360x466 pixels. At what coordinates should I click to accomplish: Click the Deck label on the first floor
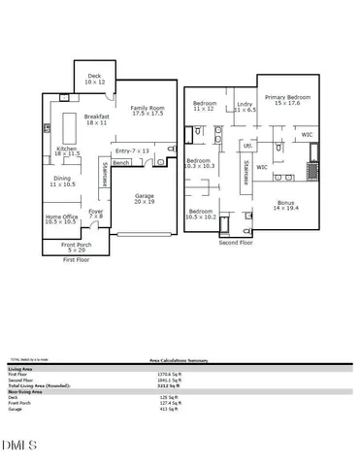[93, 79]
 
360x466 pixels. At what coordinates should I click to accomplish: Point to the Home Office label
[61, 218]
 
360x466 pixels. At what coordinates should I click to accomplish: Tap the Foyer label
[96, 214]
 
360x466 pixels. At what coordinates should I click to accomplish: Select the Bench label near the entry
[121, 163]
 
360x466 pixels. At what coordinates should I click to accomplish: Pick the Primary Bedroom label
[286, 100]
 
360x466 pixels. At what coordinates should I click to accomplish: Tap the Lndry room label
[245, 108]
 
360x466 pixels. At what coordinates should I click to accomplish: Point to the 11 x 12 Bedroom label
[205, 106]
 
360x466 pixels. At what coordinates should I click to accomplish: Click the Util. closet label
[247, 145]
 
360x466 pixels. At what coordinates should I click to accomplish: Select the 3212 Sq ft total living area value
[170, 386]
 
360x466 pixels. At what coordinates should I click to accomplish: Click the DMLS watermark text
[19, 447]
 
